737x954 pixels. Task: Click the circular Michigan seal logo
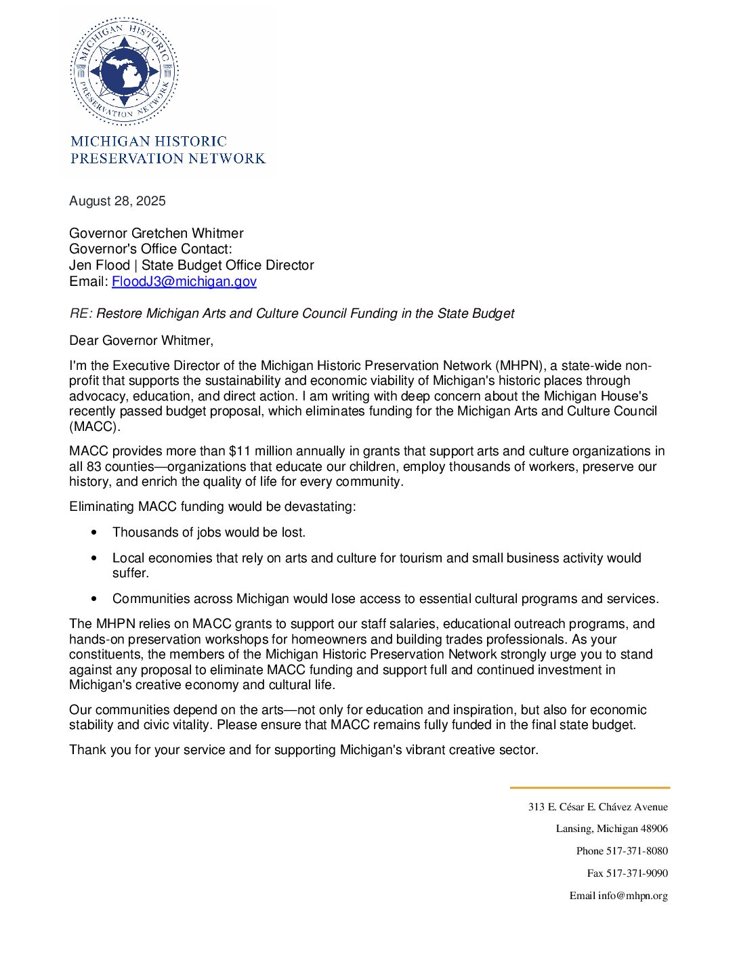tap(124, 72)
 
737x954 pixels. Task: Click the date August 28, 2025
tap(117, 201)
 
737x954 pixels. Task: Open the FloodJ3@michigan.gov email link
tap(184, 281)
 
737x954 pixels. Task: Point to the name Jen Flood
tap(100, 265)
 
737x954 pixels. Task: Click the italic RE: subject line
tap(291, 314)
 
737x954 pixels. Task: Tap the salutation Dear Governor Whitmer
tap(141, 340)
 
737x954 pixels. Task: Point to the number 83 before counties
tap(93, 466)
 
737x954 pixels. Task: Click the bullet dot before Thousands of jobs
tap(93, 533)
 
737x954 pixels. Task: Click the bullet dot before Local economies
tap(93, 558)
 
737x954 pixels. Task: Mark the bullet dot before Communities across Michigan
tap(93, 599)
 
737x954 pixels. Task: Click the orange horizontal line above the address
tap(589, 787)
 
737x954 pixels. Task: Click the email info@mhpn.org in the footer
tap(633, 896)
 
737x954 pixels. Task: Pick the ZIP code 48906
tap(654, 829)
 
